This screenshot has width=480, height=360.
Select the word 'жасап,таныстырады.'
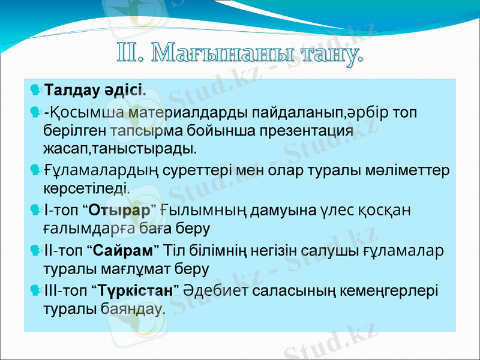[119, 148]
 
